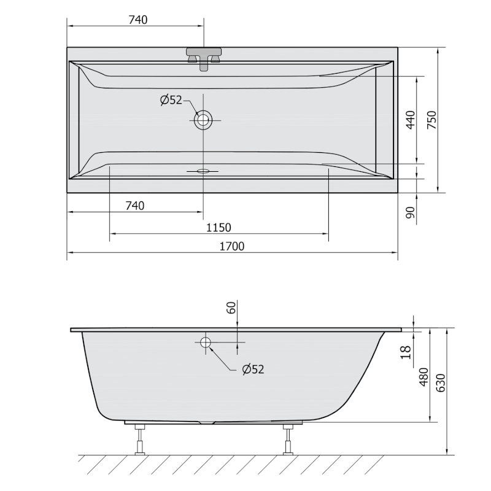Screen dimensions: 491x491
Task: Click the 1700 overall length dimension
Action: click(232, 246)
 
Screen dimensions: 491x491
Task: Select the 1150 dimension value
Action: click(218, 228)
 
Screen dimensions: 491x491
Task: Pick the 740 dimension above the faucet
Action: click(137, 20)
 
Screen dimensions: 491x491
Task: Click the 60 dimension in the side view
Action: click(231, 308)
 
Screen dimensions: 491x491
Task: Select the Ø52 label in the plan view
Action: click(171, 100)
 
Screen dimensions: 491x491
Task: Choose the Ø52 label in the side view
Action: click(252, 369)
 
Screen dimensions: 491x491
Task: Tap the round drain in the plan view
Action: click(203, 120)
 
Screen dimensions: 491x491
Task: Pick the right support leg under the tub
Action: click(287, 439)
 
